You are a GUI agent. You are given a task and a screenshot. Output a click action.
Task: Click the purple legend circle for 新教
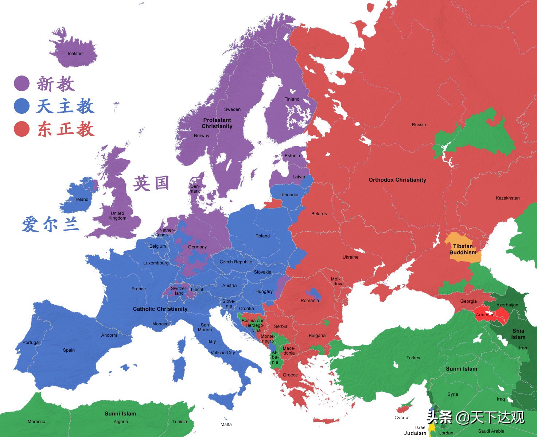coord(22,84)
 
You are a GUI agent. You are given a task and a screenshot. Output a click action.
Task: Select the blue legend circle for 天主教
coord(22,106)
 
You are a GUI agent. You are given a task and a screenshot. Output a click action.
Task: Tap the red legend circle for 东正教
coord(22,129)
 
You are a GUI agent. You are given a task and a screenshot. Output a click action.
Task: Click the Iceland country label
coord(75,54)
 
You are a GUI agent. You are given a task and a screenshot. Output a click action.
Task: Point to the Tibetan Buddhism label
coord(463,249)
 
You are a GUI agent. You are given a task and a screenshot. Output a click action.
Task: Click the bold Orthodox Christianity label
coord(397,180)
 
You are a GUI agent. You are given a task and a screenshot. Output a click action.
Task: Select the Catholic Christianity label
coord(160,309)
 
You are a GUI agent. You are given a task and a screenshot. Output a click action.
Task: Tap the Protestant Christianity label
coord(217,123)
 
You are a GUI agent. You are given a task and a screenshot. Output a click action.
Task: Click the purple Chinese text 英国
coord(151,183)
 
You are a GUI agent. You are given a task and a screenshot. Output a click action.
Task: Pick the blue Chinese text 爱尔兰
coord(51,224)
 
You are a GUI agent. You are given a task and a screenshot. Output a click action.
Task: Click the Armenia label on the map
coord(485,315)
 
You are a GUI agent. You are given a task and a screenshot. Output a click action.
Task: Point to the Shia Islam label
coord(518,334)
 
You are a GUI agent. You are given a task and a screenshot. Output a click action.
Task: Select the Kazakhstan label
coord(507,198)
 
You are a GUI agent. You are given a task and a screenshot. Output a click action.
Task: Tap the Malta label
coord(226,424)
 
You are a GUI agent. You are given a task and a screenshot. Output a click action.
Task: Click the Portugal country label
coord(31,343)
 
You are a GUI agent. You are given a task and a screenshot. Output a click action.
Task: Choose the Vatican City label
coord(223,353)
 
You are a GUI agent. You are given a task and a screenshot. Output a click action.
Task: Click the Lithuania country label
coord(289,195)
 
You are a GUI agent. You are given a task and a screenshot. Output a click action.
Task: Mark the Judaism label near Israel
coord(415,433)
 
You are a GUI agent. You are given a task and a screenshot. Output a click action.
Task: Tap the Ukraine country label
coord(350,257)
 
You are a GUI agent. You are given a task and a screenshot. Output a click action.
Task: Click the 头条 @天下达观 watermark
coord(475,417)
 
